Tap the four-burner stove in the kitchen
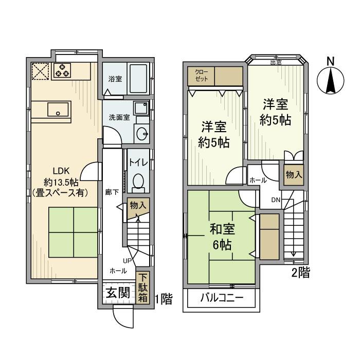(x=62, y=70)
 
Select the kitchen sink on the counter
(x=58, y=109)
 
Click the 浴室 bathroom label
(x=115, y=79)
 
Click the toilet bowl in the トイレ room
(x=138, y=181)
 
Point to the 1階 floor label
(x=163, y=298)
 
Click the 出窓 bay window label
(x=276, y=63)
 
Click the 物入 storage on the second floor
(x=294, y=174)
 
